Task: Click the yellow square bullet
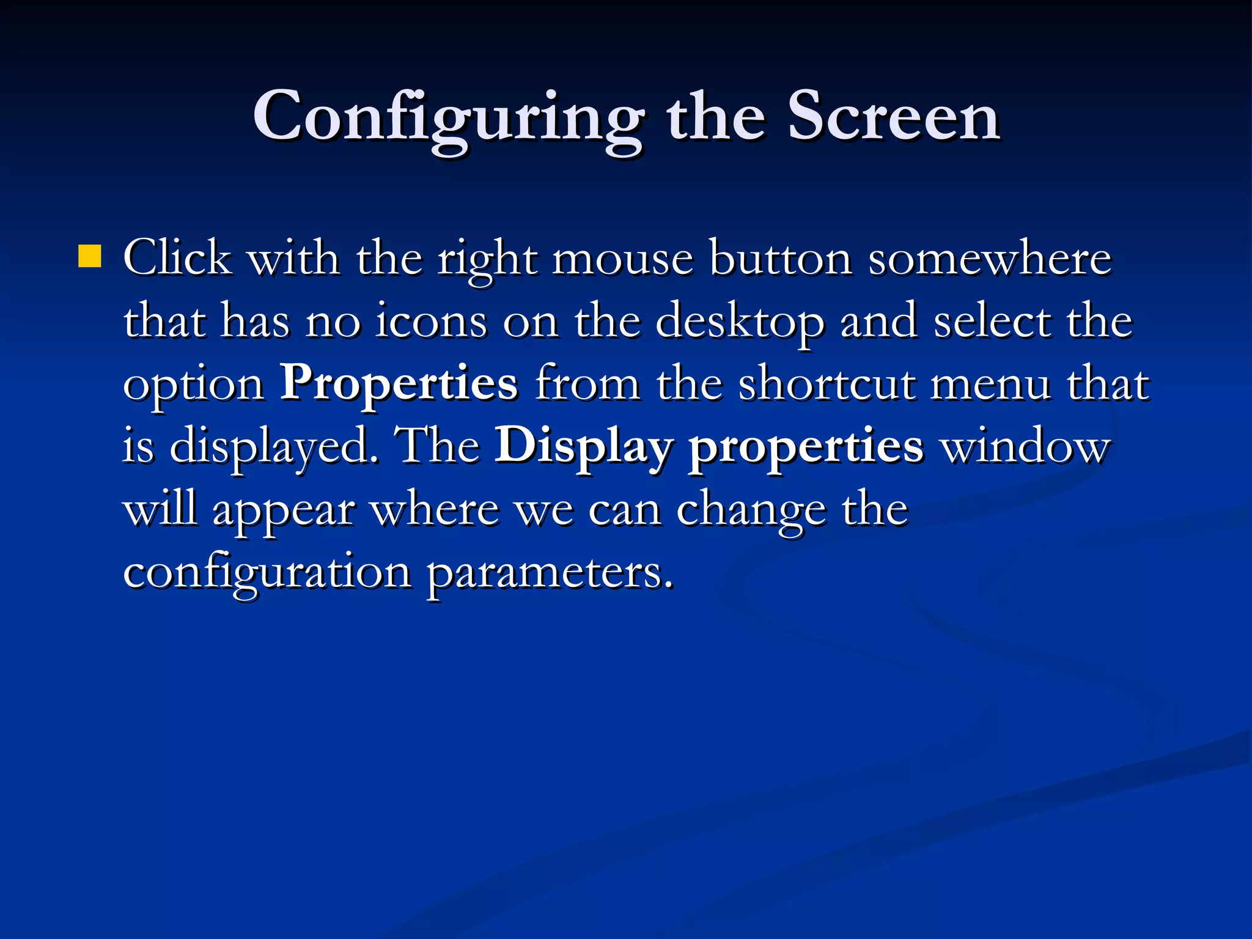[89, 257]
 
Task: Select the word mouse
[622, 259]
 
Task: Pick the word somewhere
[990, 259]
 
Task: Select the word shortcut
[827, 385]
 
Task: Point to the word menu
[990, 385]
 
